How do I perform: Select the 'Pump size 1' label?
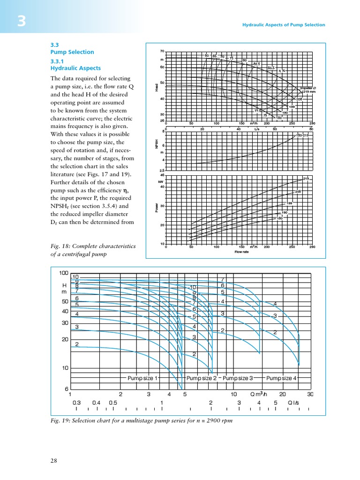(x=142, y=378)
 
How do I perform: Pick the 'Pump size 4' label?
(x=281, y=378)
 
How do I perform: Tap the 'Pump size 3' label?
(x=238, y=378)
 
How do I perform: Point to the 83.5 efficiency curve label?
(x=271, y=68)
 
